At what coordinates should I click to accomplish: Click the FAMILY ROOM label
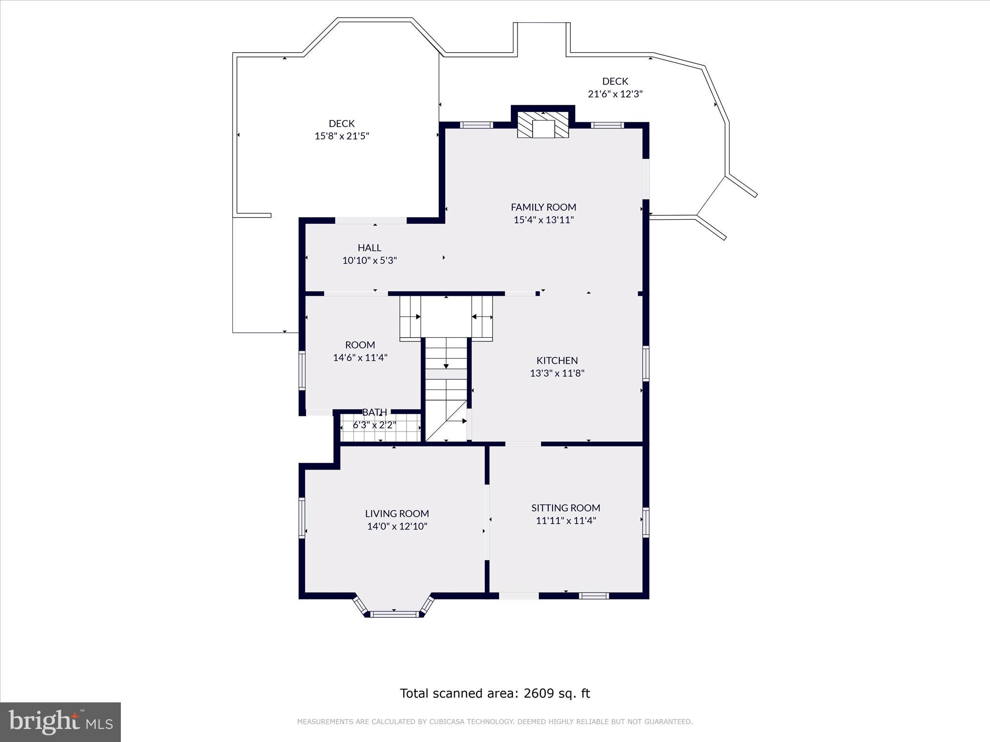tap(543, 207)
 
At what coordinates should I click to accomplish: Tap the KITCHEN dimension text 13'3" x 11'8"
tap(557, 373)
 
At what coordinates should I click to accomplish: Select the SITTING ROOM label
tap(566, 508)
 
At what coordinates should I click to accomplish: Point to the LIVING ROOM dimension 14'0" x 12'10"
tap(397, 527)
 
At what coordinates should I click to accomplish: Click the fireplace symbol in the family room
tap(543, 125)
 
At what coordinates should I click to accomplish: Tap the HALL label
tap(369, 247)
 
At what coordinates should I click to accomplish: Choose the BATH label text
tap(375, 412)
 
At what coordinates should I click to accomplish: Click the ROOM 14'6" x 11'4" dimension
tap(360, 358)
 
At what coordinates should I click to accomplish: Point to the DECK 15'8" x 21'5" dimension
tap(342, 136)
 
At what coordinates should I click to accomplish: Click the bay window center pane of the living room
tap(395, 614)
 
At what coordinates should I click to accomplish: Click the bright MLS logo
tap(60, 722)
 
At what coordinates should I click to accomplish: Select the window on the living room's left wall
tap(302, 518)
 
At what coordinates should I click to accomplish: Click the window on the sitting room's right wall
tap(645, 522)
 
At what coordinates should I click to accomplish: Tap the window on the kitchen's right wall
tap(645, 363)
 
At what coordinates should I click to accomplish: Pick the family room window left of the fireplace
tap(476, 125)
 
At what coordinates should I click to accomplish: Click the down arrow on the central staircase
tap(446, 366)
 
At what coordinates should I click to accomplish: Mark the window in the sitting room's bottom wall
tap(594, 596)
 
